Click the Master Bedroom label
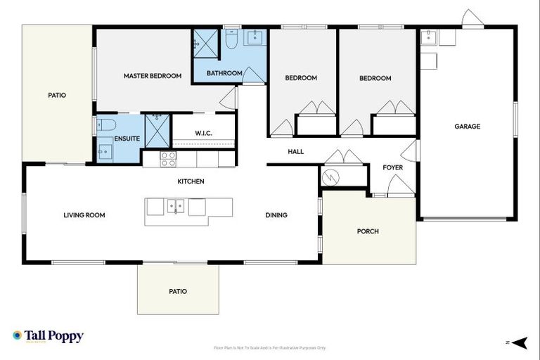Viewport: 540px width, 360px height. [153, 76]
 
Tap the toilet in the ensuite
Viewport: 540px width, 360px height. [105, 125]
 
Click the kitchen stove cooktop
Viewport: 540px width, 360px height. [168, 159]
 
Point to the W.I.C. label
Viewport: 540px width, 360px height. [203, 133]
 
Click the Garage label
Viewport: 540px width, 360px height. [467, 127]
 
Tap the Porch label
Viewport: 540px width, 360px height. [368, 231]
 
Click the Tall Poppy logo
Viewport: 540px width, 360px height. [48, 336]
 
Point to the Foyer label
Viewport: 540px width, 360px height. [392, 167]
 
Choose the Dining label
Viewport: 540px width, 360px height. [276, 215]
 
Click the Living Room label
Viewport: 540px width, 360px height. [84, 215]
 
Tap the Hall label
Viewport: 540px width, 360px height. [295, 151]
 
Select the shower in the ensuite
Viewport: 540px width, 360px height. [157, 130]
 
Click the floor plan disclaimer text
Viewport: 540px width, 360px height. [269, 347]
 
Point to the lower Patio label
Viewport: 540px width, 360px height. [178, 291]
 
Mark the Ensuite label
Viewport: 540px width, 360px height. [127, 139]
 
